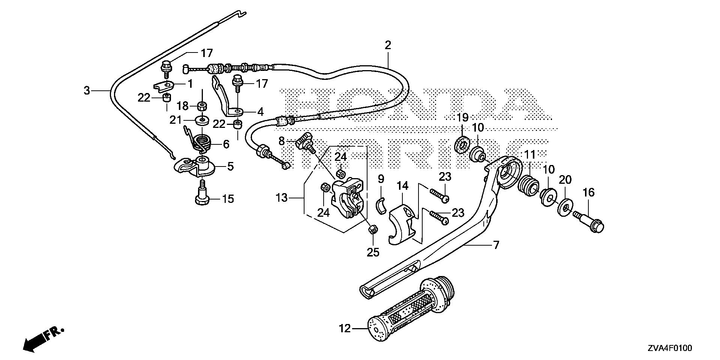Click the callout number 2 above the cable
[387, 46]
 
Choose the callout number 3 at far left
[87, 90]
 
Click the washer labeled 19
[463, 145]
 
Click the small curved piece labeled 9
[381, 206]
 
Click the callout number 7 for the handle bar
[496, 246]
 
